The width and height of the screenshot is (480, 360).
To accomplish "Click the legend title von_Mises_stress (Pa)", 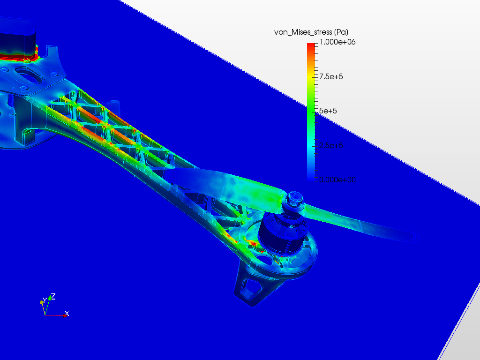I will point(311,32).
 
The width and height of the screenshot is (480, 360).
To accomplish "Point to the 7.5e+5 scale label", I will point(331,76).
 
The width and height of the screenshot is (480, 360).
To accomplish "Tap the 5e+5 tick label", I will point(328,111).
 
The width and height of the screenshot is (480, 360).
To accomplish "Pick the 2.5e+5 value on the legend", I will point(331,145).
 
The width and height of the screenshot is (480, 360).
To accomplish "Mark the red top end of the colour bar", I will point(311,45).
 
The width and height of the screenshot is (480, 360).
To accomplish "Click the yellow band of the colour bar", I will point(311,77).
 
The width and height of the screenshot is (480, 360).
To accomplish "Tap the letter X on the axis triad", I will point(67,313).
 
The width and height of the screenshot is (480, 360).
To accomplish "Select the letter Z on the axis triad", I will point(53,296).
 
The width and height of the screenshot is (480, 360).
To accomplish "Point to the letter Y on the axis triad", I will point(45,300).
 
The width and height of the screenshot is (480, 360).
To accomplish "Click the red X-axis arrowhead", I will point(64,315).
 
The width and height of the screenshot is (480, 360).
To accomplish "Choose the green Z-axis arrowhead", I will point(50,298).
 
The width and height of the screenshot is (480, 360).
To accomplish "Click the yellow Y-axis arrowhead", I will point(42,303).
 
